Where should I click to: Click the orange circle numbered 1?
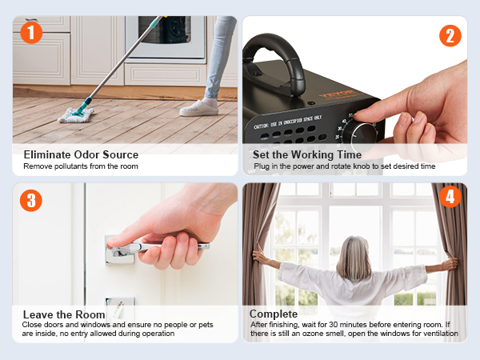[x=31, y=33]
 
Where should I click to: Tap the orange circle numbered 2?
[x=450, y=36]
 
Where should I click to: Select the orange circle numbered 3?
[x=31, y=201]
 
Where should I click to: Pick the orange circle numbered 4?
[x=450, y=197]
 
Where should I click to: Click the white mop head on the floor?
[x=76, y=115]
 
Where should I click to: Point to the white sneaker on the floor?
[x=199, y=108]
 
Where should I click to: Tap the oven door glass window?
[x=164, y=30]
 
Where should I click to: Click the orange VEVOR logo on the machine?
[x=337, y=94]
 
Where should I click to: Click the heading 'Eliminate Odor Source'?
[x=81, y=154]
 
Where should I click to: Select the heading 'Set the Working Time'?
[x=307, y=154]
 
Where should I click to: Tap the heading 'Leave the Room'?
[x=64, y=314]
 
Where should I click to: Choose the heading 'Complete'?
[x=274, y=314]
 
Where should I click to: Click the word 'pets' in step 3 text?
[x=206, y=325]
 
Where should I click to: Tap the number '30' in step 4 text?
[x=333, y=325]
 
